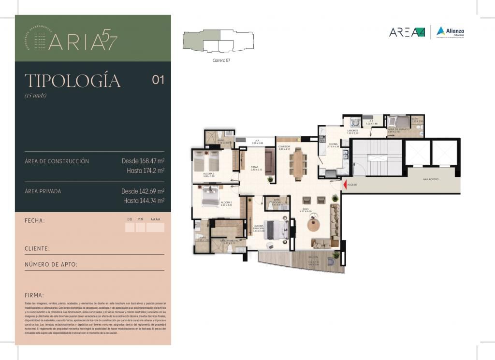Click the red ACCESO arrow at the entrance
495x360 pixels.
[x=345, y=184]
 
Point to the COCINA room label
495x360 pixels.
[x=333, y=144]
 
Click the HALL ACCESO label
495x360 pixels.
[x=430, y=179]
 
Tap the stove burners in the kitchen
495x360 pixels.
[x=322, y=139]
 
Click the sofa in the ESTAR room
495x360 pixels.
[x=270, y=161]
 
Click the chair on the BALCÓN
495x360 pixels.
[x=331, y=261]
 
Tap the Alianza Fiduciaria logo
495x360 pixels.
[x=450, y=31]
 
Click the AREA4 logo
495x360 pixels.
[x=407, y=32]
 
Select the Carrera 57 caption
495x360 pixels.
[x=221, y=60]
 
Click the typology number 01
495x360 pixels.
[x=158, y=80]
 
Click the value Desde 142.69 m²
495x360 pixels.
[x=143, y=191]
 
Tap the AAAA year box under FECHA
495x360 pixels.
[x=155, y=227]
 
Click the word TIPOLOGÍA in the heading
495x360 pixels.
[x=73, y=81]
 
